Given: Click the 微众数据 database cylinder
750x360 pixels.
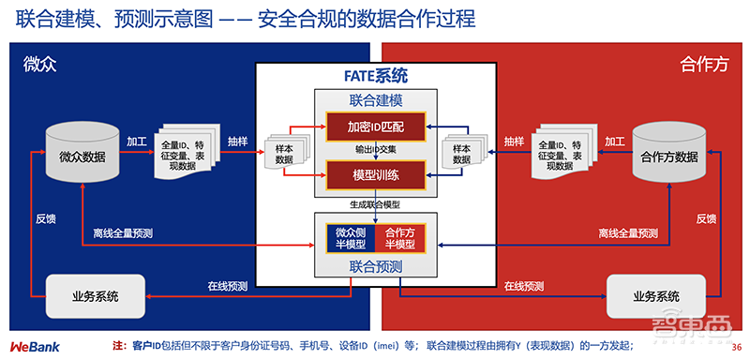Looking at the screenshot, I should (x=82, y=154).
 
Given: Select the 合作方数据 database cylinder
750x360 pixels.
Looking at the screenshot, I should (x=667, y=154).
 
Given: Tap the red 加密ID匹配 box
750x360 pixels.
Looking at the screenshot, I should (x=375, y=126).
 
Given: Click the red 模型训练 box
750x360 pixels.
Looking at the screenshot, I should (x=375, y=174).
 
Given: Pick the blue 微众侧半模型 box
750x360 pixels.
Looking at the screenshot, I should (x=349, y=238).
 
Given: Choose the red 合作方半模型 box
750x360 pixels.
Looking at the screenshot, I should (x=400, y=238).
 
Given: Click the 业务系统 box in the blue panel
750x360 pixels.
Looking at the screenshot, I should (x=95, y=296).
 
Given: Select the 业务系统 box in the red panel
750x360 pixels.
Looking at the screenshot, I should (x=655, y=296).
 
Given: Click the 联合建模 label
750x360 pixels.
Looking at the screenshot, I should (x=375, y=99).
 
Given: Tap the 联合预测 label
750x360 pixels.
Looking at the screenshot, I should (x=375, y=267).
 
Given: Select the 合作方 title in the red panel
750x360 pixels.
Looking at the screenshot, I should (x=702, y=65).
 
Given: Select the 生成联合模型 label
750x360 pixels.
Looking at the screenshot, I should (x=375, y=203).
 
